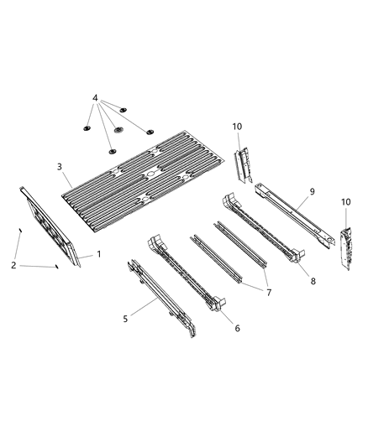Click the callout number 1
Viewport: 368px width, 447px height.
coord(99,252)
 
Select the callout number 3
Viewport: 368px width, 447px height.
coord(60,168)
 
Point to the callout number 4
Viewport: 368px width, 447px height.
coord(96,98)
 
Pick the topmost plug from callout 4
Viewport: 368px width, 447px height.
coord(123,110)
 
